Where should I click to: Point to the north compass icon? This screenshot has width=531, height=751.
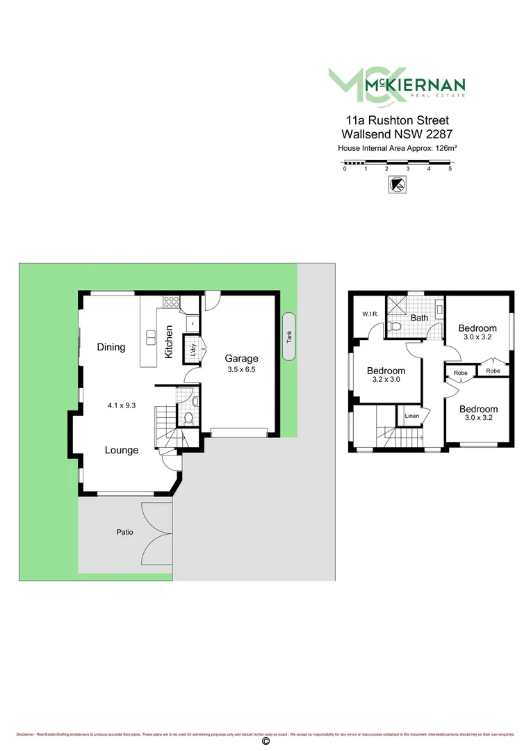tap(398, 184)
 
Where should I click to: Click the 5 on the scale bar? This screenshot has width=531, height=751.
tap(450, 169)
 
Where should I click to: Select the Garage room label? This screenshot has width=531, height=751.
tap(241, 359)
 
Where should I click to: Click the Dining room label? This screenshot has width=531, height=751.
tap(111, 347)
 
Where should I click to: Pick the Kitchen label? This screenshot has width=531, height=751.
tap(169, 342)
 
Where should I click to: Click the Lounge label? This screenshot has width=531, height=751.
tap(122, 450)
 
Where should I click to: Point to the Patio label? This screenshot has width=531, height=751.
tap(124, 533)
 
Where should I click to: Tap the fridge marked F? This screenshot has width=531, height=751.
tap(191, 325)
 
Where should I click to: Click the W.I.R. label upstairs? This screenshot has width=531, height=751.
tap(370, 314)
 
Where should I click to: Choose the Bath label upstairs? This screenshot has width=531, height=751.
tap(419, 318)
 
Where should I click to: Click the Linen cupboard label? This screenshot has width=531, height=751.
tap(411, 416)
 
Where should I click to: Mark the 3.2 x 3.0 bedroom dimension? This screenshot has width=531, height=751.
tap(386, 380)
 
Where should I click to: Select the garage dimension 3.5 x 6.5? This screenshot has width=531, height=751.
tap(242, 370)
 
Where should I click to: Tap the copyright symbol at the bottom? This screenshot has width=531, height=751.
tap(265, 742)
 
